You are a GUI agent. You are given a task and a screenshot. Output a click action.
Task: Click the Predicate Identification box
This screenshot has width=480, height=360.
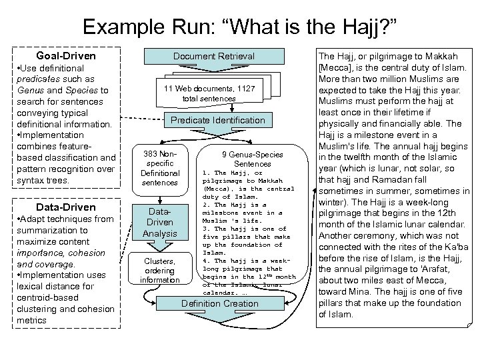tap(218, 120)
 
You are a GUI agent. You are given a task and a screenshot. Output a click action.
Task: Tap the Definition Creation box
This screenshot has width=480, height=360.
tap(220, 303)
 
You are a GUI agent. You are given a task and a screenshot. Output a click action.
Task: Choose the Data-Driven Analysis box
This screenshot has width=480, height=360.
tap(160, 223)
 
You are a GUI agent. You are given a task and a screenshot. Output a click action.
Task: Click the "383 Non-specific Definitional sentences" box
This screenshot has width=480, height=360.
tap(160, 168)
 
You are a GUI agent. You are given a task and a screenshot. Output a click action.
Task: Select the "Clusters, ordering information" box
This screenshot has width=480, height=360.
tap(160, 271)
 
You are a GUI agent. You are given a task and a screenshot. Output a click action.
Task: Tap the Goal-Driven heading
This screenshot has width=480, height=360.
tap(66, 56)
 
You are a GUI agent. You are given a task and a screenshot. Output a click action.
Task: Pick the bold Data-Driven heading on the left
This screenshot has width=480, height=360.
tap(66, 207)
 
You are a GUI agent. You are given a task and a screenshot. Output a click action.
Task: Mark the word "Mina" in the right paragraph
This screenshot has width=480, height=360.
tap(355, 292)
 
